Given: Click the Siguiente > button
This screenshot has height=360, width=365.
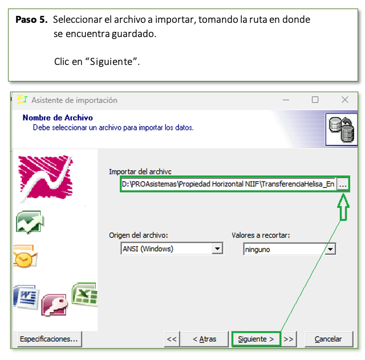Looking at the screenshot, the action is coord(256,339).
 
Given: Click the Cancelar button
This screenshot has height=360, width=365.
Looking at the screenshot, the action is coord(328,339).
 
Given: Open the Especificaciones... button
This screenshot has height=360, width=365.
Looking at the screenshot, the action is coord(50,339).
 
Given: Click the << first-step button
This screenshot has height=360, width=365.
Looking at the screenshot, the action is coord(172,339).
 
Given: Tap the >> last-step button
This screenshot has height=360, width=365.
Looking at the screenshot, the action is coord(289,339).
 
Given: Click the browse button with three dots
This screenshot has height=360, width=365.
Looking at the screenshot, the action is coord(343,185).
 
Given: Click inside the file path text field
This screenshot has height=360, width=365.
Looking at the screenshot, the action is coord(228,184).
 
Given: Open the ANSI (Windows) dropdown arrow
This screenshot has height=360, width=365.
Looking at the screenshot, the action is coord(217,248).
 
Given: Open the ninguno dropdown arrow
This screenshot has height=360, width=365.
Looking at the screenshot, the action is coord(330,249).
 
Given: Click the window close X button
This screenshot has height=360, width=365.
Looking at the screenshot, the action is coord(344,100).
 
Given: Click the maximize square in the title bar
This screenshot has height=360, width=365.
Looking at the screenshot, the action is coord(315,100).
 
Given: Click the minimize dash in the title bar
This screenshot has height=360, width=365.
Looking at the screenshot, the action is coord(286,100).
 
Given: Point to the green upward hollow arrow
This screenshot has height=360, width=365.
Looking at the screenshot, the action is coord(343,207).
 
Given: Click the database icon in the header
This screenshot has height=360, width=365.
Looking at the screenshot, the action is coord(342,129).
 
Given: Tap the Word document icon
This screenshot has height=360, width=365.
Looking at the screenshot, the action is coord(26,297).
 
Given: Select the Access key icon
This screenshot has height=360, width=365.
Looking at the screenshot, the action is coord(55,305).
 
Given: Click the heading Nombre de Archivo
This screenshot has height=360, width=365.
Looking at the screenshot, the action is coord(58,118).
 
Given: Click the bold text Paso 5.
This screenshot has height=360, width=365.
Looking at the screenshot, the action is coord(31,19).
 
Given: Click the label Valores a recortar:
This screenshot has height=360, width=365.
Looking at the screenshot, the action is coord(261,235).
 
